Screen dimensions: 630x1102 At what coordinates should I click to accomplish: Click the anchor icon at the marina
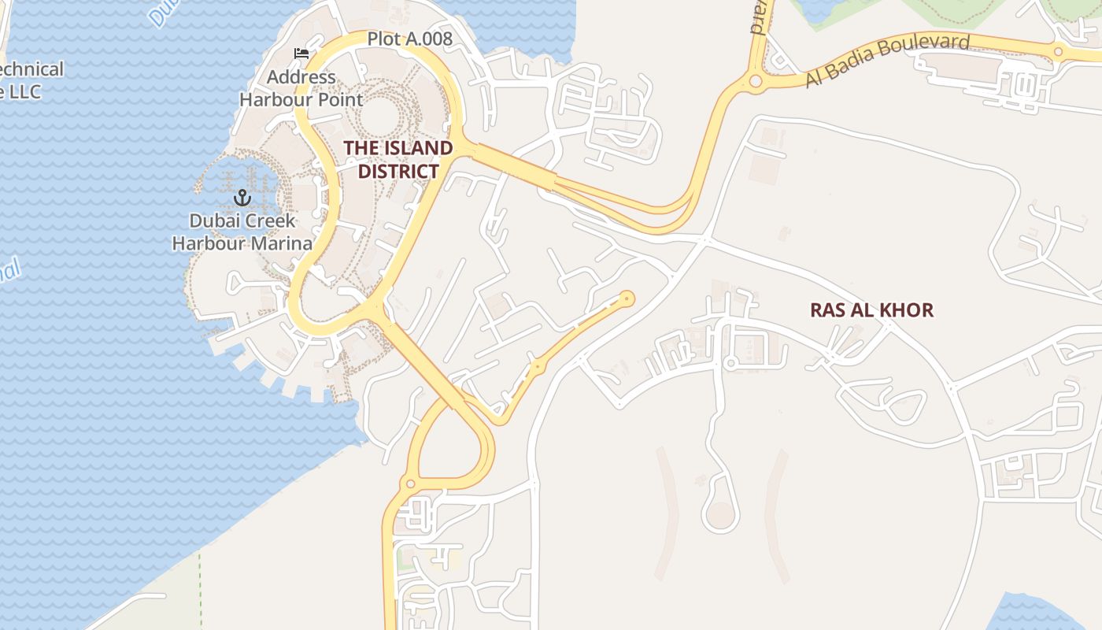(x=242, y=197)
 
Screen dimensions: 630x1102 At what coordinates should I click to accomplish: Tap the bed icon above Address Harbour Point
(x=301, y=54)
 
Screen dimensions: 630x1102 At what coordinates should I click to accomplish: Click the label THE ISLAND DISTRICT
(x=398, y=159)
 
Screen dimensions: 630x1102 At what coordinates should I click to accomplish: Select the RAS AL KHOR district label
(x=871, y=309)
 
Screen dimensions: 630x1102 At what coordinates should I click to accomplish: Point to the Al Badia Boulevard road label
(x=887, y=60)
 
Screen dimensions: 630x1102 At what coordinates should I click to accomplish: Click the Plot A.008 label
(x=409, y=39)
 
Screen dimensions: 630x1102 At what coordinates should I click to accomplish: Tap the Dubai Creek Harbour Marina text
(x=242, y=232)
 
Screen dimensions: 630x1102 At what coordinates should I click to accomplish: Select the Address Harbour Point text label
(x=301, y=88)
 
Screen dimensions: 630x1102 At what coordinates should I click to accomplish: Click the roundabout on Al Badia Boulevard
(x=756, y=80)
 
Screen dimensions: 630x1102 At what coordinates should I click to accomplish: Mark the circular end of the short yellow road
(x=627, y=298)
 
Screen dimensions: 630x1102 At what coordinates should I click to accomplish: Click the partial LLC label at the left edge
(x=24, y=91)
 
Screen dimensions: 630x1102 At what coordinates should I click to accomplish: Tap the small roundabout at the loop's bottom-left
(x=409, y=483)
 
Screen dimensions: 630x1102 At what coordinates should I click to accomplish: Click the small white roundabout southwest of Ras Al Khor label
(x=730, y=362)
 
